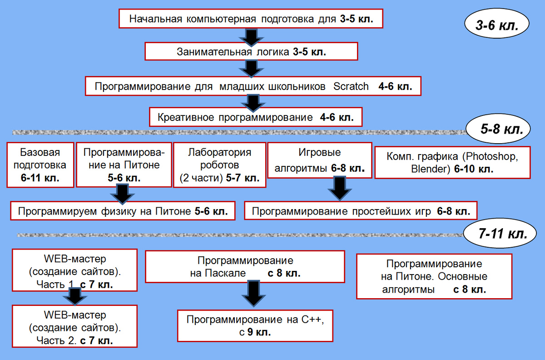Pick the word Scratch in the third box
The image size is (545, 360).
[x=351, y=86]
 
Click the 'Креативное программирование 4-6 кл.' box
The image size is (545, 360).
[x=256, y=117]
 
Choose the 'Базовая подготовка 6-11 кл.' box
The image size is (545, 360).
[x=40, y=165]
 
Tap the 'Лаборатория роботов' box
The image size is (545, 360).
[x=219, y=165]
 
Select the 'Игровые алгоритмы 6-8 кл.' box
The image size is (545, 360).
[x=320, y=160]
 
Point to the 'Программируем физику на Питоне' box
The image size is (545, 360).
[x=123, y=211]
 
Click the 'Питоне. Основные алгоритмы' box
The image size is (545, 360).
[x=434, y=276]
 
